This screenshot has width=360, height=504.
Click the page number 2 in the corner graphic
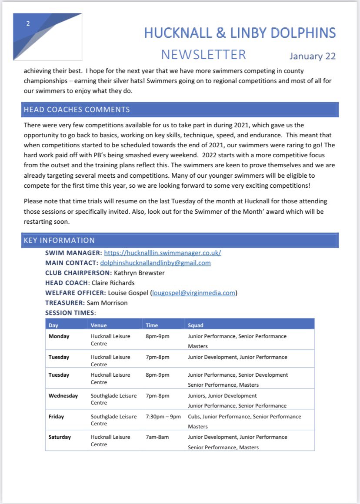point(28,24)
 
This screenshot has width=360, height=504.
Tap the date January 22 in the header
point(312,56)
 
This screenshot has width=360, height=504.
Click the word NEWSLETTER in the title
point(203,54)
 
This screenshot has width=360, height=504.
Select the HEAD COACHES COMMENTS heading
point(77,109)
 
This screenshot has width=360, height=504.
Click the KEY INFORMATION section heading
point(59,240)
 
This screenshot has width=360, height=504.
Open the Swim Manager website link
point(163,253)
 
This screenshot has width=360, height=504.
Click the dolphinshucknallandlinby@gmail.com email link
point(155,263)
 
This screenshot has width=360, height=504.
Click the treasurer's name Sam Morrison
point(107,303)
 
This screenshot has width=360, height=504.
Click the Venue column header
point(99,325)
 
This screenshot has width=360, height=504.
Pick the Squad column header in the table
point(195,325)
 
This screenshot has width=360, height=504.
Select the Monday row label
point(59,336)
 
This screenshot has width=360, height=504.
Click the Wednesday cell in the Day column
point(63,396)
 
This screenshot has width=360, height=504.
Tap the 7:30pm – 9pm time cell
point(163,417)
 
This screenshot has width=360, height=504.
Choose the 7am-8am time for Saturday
point(157,437)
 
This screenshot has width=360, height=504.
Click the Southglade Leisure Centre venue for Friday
point(113,420)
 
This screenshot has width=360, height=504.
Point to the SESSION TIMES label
point(70,313)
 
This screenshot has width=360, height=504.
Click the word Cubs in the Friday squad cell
point(194,417)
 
